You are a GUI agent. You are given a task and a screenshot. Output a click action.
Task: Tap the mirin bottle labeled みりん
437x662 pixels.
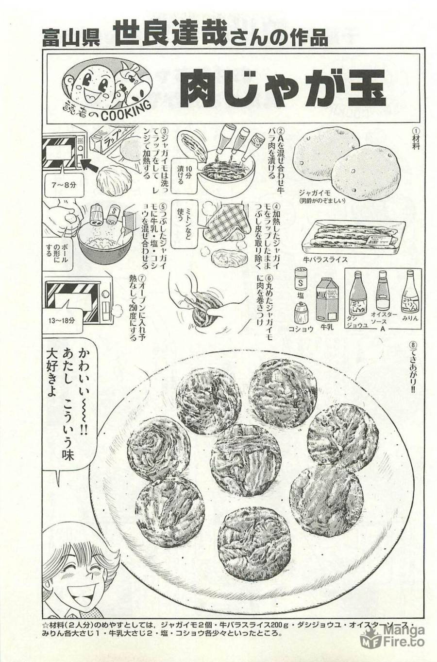(408, 294)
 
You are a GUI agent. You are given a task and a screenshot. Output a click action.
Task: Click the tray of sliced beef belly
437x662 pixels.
(352, 237)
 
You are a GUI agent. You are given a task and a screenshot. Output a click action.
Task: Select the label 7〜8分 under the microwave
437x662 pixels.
(64, 185)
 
